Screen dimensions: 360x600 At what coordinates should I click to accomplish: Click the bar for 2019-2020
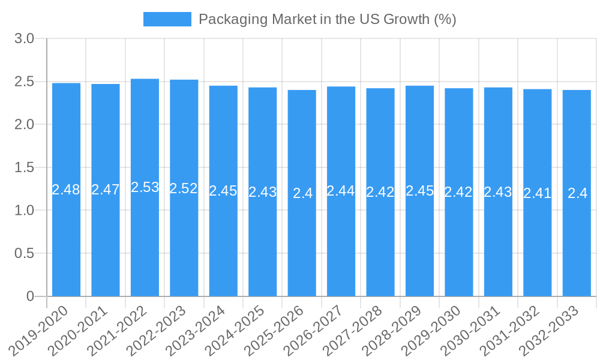66,240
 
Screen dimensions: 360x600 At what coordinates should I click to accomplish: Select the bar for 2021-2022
145,240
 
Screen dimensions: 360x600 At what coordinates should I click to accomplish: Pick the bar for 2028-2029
419,240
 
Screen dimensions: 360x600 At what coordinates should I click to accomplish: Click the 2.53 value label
145,187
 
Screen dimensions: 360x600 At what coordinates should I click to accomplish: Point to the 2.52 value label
184,188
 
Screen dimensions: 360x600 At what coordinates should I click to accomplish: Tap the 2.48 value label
66,190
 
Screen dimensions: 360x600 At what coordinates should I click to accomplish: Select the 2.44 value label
341,191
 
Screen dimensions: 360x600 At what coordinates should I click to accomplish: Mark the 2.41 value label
537,193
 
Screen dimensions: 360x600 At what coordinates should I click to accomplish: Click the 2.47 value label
106,190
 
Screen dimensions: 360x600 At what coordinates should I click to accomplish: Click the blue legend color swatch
167,19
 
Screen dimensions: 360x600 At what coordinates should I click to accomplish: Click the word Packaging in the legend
233,19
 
